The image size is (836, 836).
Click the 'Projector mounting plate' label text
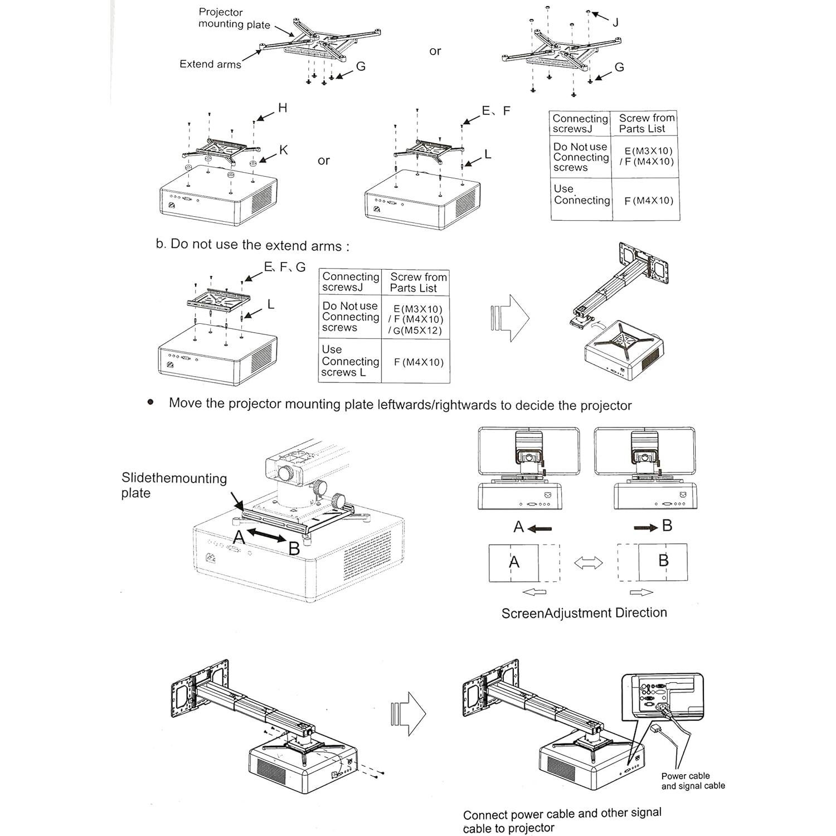click(x=234, y=18)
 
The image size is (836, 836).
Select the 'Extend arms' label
click(x=210, y=64)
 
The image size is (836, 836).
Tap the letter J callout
click(x=615, y=23)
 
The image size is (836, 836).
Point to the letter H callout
click(x=283, y=108)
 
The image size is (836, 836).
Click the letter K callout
click(x=283, y=150)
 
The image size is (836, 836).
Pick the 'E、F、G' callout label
click(x=285, y=268)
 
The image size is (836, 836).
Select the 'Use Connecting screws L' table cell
click(x=349, y=361)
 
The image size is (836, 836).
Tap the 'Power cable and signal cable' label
click(x=693, y=781)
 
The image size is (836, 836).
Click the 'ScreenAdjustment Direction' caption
click(x=584, y=613)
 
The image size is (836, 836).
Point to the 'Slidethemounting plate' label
click(x=174, y=485)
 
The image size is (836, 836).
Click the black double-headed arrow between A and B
click(x=267, y=536)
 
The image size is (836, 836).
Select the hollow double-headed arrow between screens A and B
click(x=589, y=563)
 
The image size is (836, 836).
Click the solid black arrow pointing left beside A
click(x=539, y=528)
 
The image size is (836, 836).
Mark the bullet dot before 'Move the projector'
click(x=150, y=402)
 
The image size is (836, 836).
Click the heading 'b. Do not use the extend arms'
click(x=252, y=245)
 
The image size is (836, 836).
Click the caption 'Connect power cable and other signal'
click(x=562, y=814)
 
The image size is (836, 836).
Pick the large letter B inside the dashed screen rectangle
click(x=663, y=560)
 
